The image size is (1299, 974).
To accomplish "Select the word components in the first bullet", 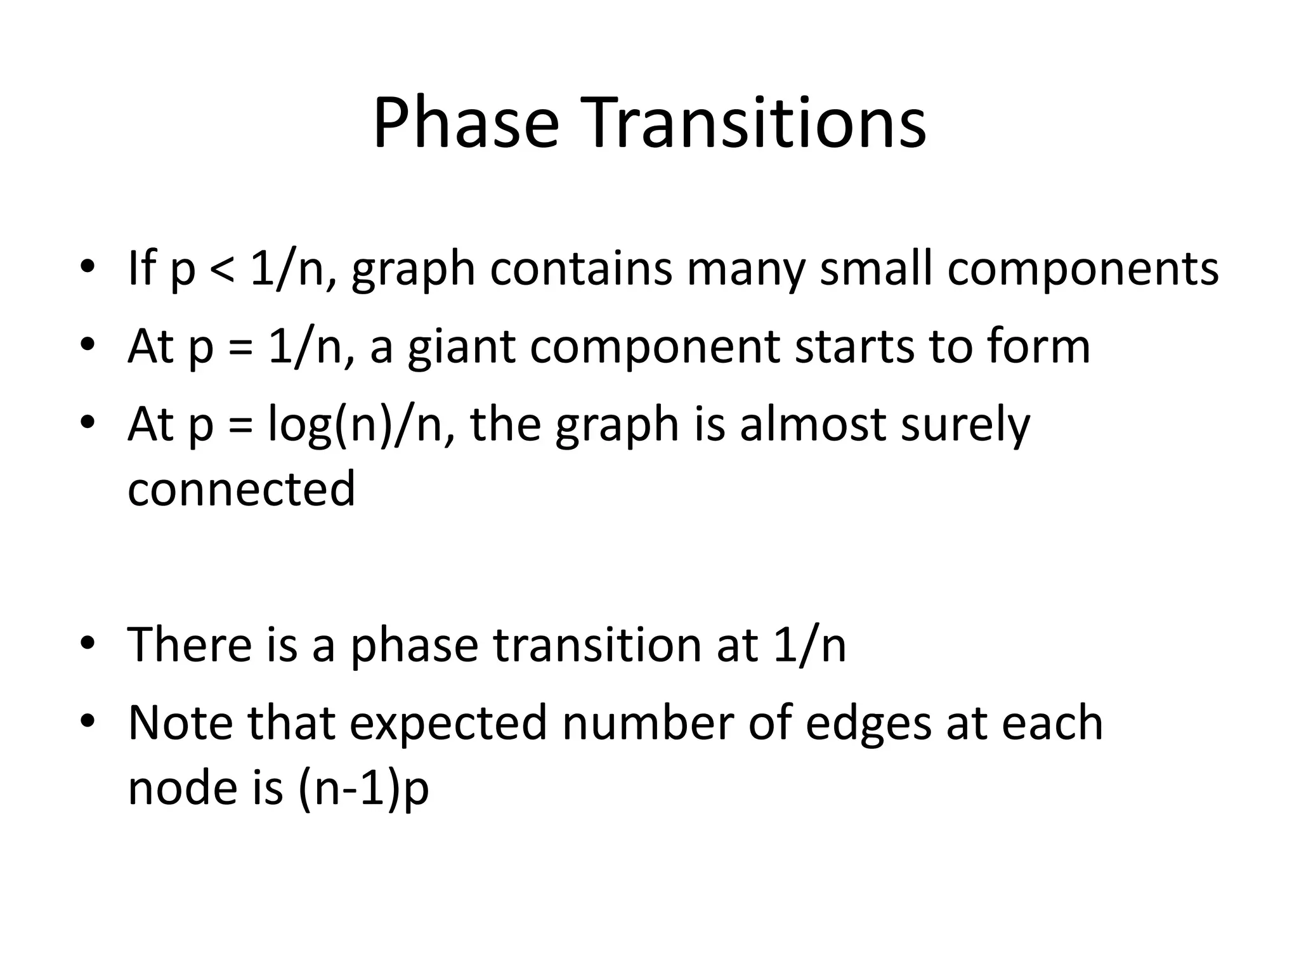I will coord(1083,269).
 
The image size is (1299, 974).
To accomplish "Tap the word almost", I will coord(813,425).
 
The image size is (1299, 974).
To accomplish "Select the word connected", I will coord(241,490).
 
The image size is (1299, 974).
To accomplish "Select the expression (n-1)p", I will coord(363,789).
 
